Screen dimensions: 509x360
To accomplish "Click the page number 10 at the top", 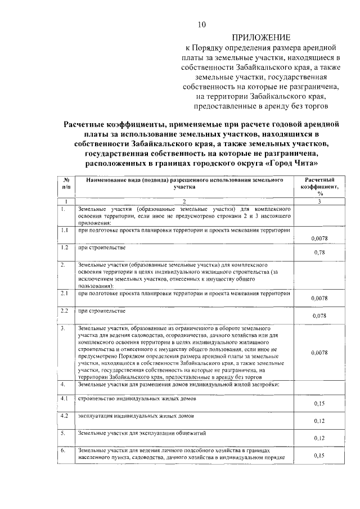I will click(x=202, y=24).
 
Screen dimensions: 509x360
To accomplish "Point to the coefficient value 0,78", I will click(x=319, y=252).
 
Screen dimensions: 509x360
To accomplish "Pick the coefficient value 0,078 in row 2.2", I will click(x=319, y=316).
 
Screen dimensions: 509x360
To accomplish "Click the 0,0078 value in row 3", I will click(x=319, y=353).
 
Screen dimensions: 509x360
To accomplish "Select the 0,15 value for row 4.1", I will click(x=319, y=403).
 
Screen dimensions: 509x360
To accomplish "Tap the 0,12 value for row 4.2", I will click(x=319, y=421).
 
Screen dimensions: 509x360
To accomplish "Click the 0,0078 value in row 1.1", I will click(x=319, y=238).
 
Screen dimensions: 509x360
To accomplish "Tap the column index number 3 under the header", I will click(x=319, y=201).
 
